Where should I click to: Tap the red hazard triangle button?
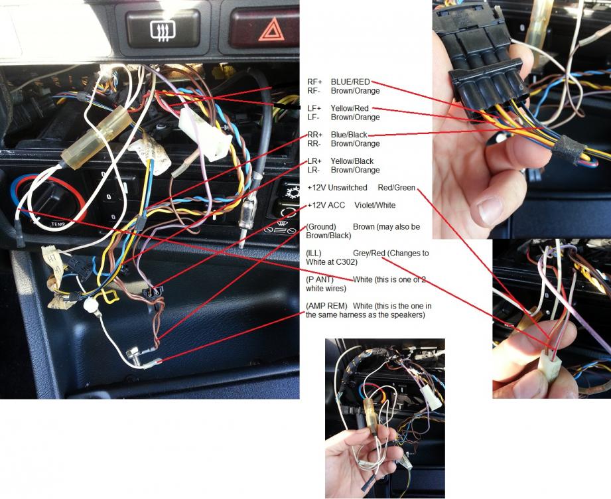[x=268, y=29]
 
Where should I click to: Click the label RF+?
[x=314, y=82]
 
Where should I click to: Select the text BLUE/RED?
[x=350, y=82]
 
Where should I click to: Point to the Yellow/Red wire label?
[x=350, y=108]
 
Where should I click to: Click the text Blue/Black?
[x=349, y=135]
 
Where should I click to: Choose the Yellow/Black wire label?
[x=352, y=161]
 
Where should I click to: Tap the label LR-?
[x=313, y=170]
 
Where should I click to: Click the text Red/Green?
[x=396, y=188]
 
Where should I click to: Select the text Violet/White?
[x=375, y=205]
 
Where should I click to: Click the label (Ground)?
[x=321, y=226]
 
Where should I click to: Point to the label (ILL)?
[x=314, y=253]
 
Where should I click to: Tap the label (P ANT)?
[x=320, y=279]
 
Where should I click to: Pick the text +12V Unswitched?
[x=337, y=188]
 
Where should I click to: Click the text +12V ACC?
[x=326, y=205]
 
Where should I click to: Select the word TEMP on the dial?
[x=58, y=224]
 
